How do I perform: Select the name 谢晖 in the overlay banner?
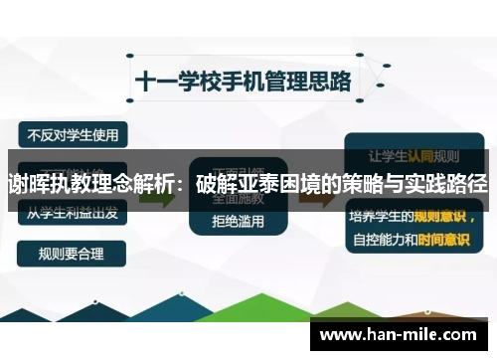point(28,185)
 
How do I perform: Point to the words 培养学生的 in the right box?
point(383,214)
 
